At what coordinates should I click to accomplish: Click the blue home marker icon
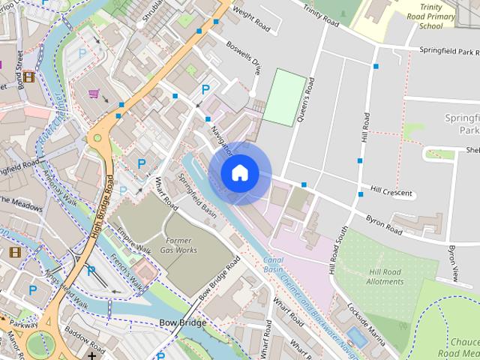point(239,173)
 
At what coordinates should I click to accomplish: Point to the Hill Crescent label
point(391,192)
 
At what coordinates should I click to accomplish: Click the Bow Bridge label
point(182,323)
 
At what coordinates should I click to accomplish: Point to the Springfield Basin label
point(197,193)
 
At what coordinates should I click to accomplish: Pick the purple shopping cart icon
point(94,94)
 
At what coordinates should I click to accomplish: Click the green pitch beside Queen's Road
point(285,97)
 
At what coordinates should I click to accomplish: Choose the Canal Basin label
point(273,264)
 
